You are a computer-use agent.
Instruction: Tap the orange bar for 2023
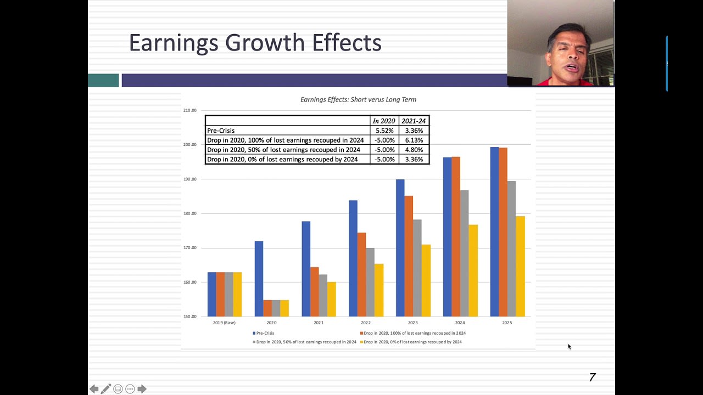pos(409,256)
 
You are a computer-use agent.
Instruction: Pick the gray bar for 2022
pos(370,282)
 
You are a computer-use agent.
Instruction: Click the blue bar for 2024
pos(447,236)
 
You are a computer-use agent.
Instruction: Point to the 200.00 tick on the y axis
pos(190,145)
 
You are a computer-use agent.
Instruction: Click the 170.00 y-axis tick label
pos(190,248)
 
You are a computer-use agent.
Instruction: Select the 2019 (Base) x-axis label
pos(224,323)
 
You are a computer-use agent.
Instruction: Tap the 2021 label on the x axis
pos(319,323)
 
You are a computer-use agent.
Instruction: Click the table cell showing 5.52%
pos(384,131)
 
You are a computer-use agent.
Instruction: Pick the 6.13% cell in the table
pos(414,140)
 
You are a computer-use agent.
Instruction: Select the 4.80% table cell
pos(414,150)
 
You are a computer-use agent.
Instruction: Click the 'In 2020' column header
pos(384,121)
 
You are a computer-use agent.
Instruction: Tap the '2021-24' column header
pos(414,121)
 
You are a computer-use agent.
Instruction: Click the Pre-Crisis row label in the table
pos(221,131)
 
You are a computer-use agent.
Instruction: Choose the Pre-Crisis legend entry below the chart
pos(265,333)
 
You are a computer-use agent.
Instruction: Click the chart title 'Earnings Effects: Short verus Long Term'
pos(358,100)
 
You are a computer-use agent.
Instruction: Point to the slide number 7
pos(592,377)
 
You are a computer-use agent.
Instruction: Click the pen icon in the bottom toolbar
pos(106,389)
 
